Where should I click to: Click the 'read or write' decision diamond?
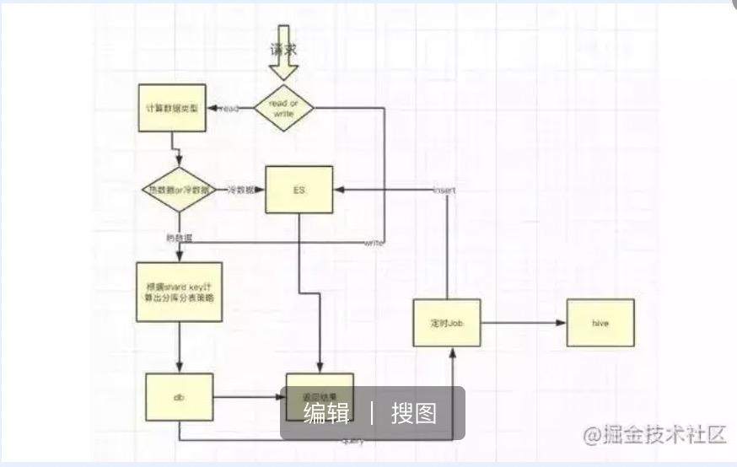pos(283,108)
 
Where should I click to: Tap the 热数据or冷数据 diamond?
pos(178,190)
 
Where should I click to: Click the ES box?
pos(299,190)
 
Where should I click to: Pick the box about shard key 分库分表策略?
pos(179,292)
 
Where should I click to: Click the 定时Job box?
pos(447,323)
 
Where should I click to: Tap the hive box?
pos(600,322)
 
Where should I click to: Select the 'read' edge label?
pos(229,109)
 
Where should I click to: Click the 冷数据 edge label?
pos(240,191)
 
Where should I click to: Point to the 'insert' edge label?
pos(444,191)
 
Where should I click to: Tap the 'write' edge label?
pos(374,243)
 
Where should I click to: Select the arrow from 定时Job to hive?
pos(523,323)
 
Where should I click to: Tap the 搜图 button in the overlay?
pos(414,413)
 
